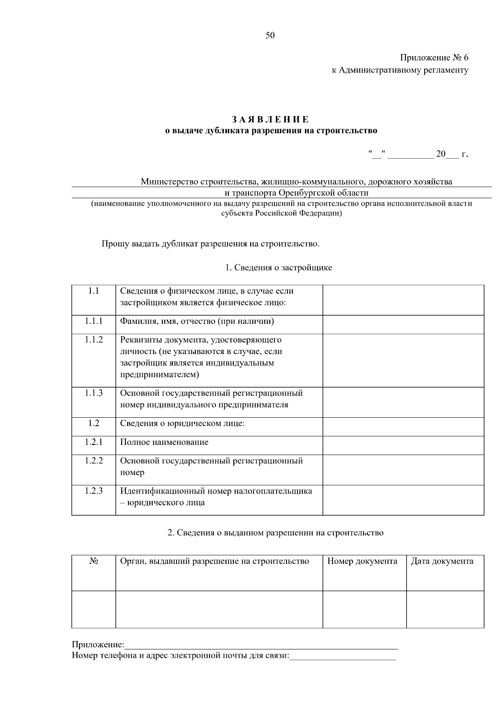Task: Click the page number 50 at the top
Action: tap(270, 36)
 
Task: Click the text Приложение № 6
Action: tap(434, 57)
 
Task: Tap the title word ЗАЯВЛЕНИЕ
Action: tap(271, 120)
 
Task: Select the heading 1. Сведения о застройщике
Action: tap(279, 268)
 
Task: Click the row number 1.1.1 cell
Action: tap(94, 321)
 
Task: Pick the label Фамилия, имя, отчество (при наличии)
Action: tap(197, 321)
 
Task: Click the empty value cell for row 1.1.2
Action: tap(403, 360)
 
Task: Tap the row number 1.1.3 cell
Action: tap(94, 393)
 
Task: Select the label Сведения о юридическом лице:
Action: tap(182, 424)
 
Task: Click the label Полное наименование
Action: tap(164, 442)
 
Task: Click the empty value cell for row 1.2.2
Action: tap(403, 470)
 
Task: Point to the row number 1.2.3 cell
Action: tap(94, 491)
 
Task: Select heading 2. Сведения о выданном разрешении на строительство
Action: tap(275, 533)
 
